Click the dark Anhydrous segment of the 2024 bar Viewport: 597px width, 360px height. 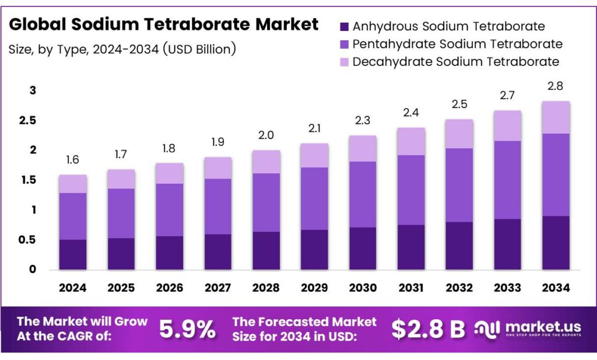[x=72, y=254]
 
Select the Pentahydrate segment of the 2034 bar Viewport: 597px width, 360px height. [x=556, y=174]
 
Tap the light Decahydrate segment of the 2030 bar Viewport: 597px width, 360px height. [x=363, y=148]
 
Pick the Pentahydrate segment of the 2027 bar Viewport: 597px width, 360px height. [x=217, y=206]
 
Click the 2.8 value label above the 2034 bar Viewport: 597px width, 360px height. [x=556, y=86]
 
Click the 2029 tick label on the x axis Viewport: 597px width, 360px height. [x=314, y=287]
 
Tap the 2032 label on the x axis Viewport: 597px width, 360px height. [x=459, y=287]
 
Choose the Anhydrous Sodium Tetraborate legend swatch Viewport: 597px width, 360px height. [x=343, y=26]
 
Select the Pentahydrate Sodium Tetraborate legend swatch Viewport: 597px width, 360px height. [x=343, y=44]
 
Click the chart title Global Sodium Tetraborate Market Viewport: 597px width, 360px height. [x=164, y=25]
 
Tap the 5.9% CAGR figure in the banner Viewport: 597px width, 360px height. [x=187, y=330]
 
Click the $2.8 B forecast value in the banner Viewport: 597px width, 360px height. [x=428, y=330]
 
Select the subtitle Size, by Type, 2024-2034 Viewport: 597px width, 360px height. [x=122, y=49]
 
